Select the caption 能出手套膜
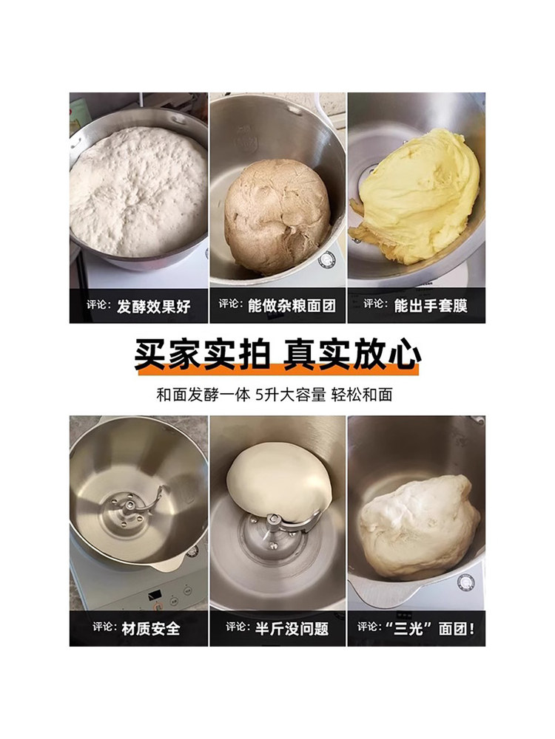pyautogui.click(x=431, y=304)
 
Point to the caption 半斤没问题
pyautogui.click(x=292, y=629)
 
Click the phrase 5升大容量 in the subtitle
pyautogui.click(x=289, y=394)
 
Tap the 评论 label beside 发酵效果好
pyautogui.click(x=102, y=306)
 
